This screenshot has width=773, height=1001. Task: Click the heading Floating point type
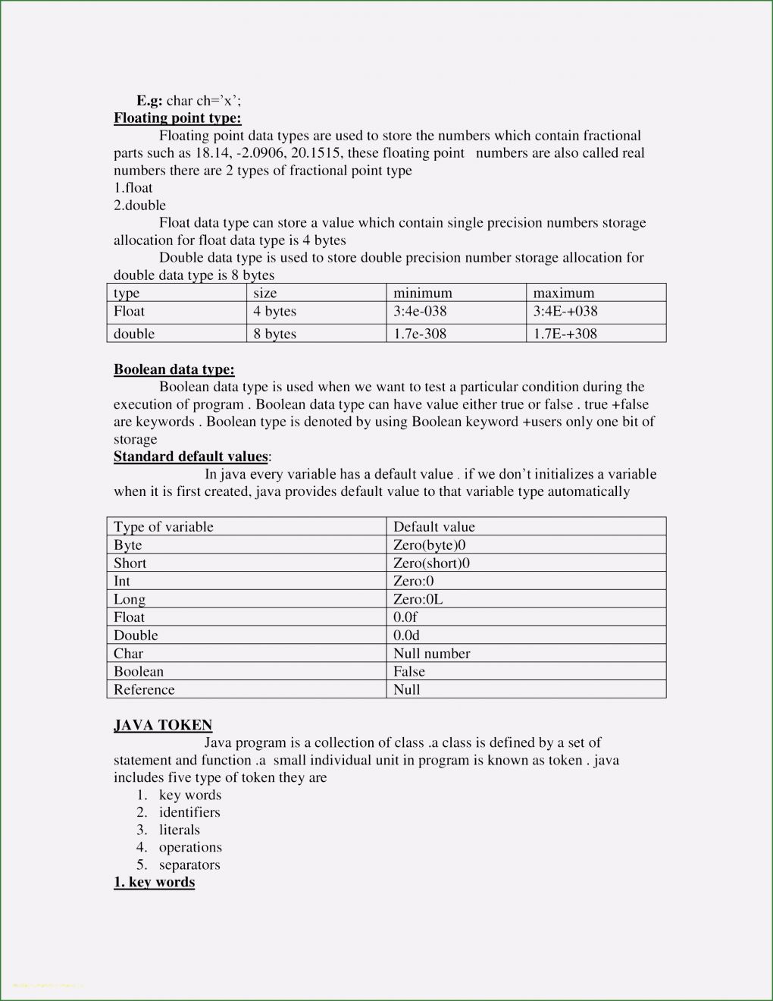click(177, 118)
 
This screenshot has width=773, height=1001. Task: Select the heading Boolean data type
click(174, 369)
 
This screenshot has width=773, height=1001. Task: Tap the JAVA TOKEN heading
click(163, 725)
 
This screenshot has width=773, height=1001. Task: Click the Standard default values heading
click(191, 457)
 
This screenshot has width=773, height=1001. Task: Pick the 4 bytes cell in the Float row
click(274, 311)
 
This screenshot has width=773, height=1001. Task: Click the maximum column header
click(563, 293)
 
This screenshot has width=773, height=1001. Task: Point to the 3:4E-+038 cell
click(565, 311)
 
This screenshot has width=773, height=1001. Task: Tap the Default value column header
click(433, 526)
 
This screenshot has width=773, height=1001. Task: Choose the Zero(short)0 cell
click(431, 563)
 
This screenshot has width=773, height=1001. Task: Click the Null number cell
click(431, 653)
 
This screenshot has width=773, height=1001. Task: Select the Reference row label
click(144, 689)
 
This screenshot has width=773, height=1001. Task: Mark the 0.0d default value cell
click(406, 635)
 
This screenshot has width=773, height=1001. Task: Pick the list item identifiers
click(189, 812)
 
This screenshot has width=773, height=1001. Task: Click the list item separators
click(189, 864)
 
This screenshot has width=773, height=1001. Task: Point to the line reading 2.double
click(139, 206)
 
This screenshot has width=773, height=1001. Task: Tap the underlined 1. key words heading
click(154, 882)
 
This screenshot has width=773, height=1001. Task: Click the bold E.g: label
click(149, 100)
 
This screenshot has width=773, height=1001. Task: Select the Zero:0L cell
click(418, 599)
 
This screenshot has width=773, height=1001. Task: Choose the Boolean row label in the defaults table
click(139, 671)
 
